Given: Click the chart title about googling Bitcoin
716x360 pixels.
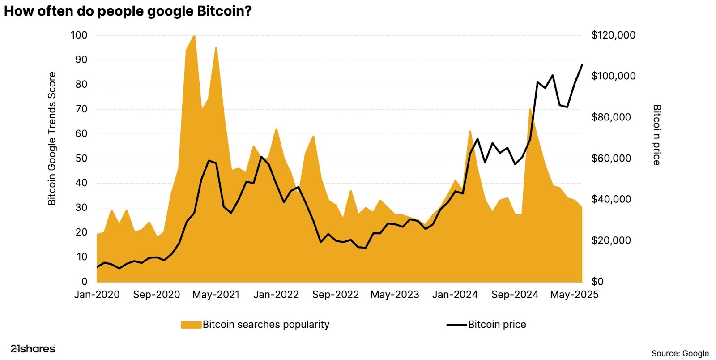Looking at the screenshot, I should pyautogui.click(x=128, y=11).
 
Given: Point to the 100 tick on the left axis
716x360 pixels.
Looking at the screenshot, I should pyautogui.click(x=79, y=35).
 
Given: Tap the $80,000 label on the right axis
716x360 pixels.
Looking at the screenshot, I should pyautogui.click(x=611, y=117).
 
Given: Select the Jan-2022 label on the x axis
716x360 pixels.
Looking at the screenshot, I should pyautogui.click(x=276, y=295).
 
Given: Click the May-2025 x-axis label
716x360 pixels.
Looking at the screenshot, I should pyautogui.click(x=574, y=295).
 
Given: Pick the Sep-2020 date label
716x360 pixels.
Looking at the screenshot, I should pyautogui.click(x=156, y=295).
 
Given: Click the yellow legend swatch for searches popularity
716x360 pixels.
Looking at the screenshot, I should pyautogui.click(x=191, y=325).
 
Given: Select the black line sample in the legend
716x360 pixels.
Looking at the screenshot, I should pyautogui.click(x=456, y=325).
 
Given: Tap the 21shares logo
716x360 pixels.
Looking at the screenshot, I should pyautogui.click(x=33, y=348).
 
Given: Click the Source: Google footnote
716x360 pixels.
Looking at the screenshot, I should pyautogui.click(x=680, y=353).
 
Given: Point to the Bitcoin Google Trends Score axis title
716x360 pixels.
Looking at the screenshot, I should pyautogui.click(x=52, y=138).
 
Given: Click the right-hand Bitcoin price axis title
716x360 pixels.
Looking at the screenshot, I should pyautogui.click(x=656, y=135).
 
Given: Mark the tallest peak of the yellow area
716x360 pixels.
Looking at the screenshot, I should pyautogui.click(x=194, y=36).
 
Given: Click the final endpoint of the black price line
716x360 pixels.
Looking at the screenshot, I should pyautogui.click(x=582, y=65).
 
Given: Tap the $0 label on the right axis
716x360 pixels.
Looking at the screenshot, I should pyautogui.click(x=597, y=282).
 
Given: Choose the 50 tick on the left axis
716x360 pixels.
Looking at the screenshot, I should pyautogui.click(x=81, y=159).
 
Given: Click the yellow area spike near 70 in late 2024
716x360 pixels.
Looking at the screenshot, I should pyautogui.click(x=530, y=109).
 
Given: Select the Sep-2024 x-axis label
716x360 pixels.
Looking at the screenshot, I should pyautogui.click(x=515, y=295).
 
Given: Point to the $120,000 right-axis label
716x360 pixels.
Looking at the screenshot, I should pyautogui.click(x=613, y=35).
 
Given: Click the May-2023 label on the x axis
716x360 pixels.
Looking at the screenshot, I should pyautogui.click(x=395, y=295).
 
